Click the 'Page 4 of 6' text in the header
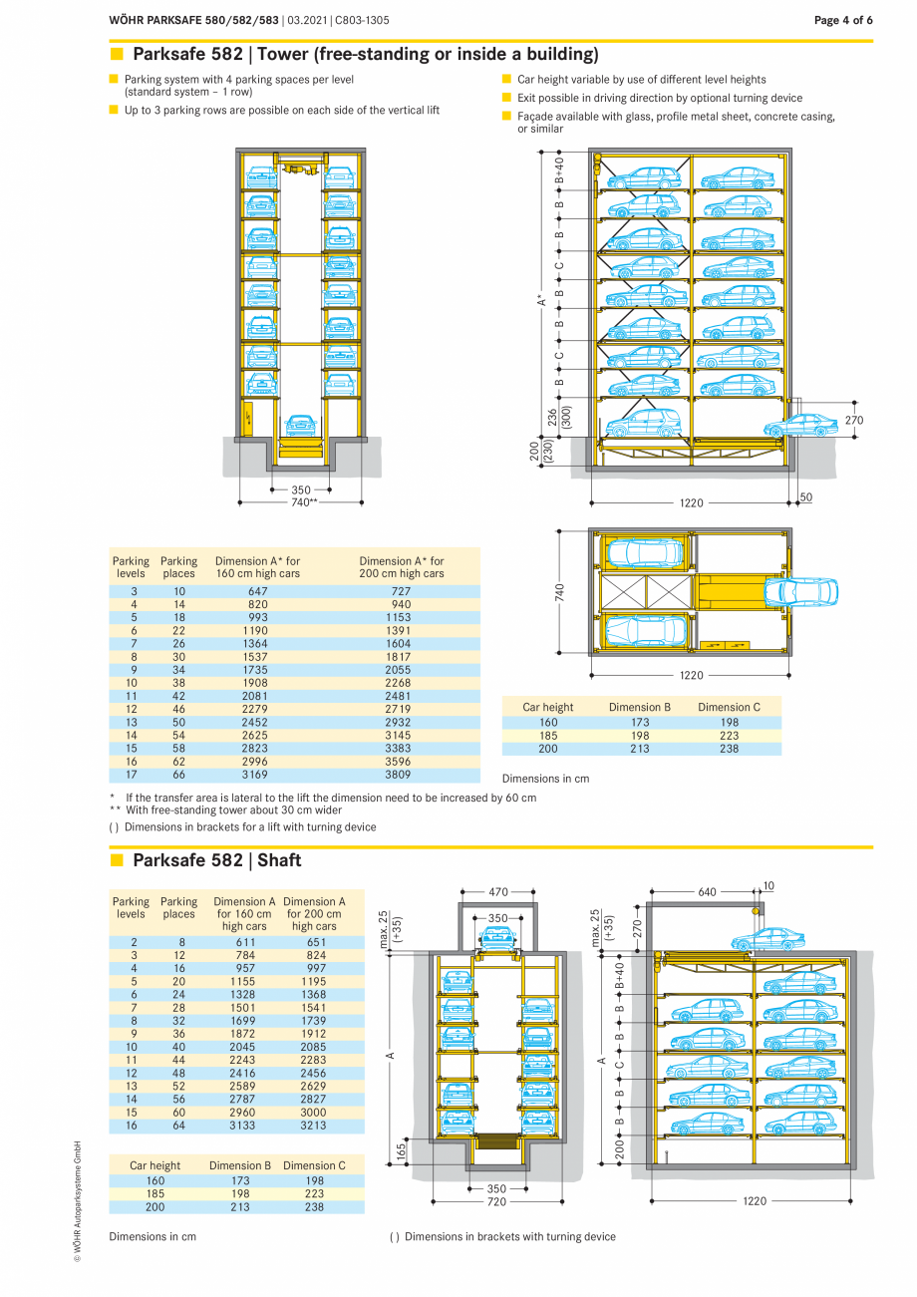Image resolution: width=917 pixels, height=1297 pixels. [843, 20]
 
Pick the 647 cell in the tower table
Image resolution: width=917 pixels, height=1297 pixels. [257, 591]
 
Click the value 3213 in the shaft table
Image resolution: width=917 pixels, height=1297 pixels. [314, 1126]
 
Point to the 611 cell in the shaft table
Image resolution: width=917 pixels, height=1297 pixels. [245, 942]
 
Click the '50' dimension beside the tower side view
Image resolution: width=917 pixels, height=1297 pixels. [805, 496]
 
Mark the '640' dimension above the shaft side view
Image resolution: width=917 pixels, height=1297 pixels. [707, 892]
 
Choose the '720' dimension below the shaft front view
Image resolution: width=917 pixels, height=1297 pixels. [496, 1202]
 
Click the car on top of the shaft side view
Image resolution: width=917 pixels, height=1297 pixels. [767, 939]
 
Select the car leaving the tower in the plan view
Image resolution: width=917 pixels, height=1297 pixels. [800, 592]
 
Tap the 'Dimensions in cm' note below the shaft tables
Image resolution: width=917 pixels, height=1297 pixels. [153, 1236]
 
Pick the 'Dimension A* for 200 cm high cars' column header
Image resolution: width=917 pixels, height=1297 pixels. [401, 567]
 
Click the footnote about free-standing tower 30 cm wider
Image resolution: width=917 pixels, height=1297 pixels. [233, 811]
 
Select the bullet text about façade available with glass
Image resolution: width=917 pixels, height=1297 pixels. [675, 122]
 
